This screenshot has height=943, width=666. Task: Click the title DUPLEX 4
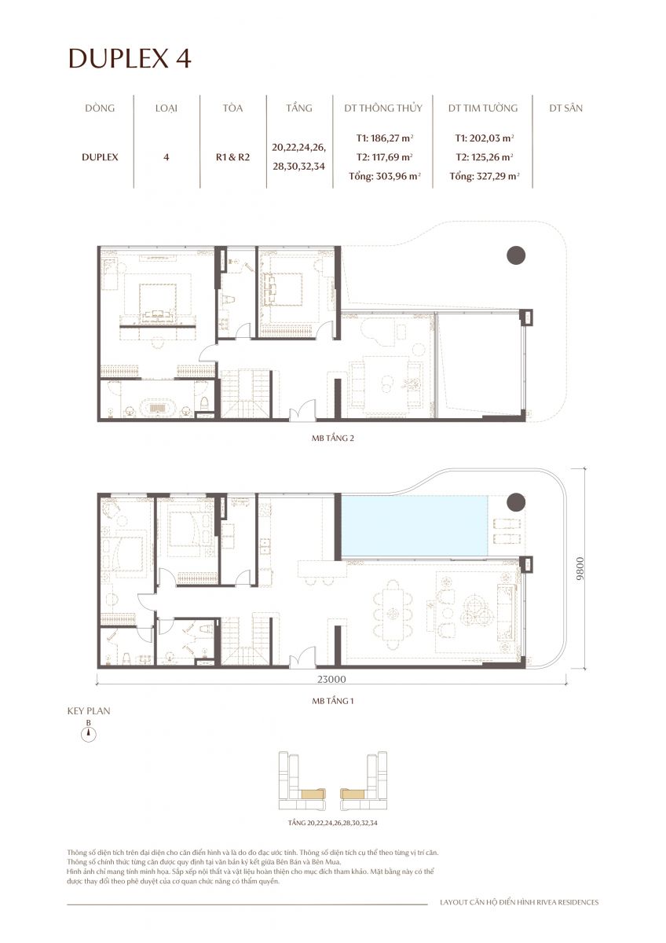(x=130, y=59)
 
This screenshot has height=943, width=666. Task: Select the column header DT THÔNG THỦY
(x=382, y=108)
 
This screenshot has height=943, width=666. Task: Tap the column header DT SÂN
(x=565, y=108)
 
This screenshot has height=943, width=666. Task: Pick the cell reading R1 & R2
(x=232, y=156)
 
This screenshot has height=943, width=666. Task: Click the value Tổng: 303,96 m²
(x=385, y=176)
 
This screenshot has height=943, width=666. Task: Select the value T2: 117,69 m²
(x=384, y=156)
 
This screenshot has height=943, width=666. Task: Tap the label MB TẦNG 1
(x=333, y=697)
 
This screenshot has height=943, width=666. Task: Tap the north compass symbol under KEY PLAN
(x=90, y=734)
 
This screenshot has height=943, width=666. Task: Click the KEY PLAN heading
(x=89, y=710)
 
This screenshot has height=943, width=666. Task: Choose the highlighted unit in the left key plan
(x=314, y=794)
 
